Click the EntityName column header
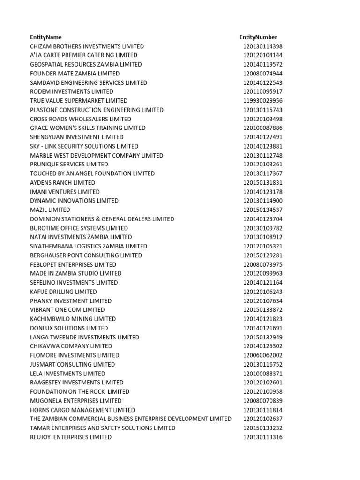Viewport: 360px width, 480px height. pos(45,37)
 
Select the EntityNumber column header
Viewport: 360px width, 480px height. pos(258,37)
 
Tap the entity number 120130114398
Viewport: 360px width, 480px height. pos(262,46)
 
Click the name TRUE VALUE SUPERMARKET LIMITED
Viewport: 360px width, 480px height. pos(78,101)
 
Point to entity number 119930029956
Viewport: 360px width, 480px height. pos(262,101)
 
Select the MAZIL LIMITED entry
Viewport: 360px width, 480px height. pos(50,210)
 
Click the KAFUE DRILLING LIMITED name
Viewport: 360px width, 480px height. pos(63,292)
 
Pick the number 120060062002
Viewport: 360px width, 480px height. pos(262,355)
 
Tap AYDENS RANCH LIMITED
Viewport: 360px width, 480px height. pos(62,182)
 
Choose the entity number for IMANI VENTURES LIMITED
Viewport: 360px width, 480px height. pos(262,192)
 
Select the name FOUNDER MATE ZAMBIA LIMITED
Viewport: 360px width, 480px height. pos(75,74)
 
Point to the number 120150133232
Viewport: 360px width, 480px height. pos(262,428)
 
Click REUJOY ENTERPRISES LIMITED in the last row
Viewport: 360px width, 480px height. pos(71,437)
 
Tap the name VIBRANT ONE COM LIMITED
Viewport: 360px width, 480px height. pos(67,310)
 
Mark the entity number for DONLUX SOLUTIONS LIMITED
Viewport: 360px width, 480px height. pos(262,328)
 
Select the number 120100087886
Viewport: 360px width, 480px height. pos(262,128)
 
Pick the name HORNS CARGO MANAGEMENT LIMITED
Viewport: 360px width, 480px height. pos(82,410)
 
